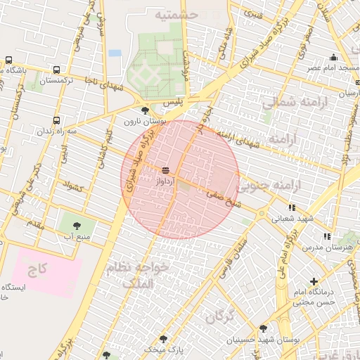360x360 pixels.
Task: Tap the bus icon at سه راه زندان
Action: (x=56, y=120)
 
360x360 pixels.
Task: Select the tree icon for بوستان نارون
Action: (x=146, y=110)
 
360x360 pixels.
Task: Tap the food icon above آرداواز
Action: (x=166, y=170)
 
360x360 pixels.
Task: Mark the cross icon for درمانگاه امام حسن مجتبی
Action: (x=314, y=282)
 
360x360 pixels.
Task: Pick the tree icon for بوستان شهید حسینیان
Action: (x=263, y=328)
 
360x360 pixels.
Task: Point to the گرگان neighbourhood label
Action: (x=220, y=316)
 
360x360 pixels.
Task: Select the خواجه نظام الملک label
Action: (x=137, y=276)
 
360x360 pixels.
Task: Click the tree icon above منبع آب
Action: (x=77, y=226)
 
